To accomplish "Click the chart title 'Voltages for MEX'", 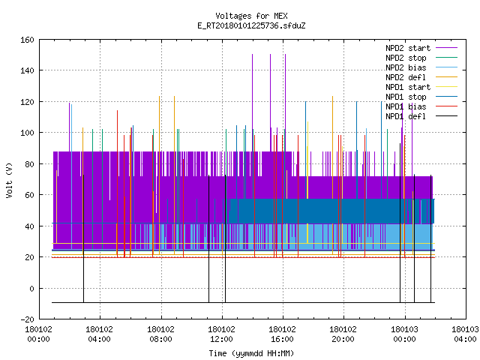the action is [251, 16].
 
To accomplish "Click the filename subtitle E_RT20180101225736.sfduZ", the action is [251, 25].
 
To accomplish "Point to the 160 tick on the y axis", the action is [27, 40].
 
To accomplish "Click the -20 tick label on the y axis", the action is [27, 319].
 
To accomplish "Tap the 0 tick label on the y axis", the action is [31, 288].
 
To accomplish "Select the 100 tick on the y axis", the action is [27, 133].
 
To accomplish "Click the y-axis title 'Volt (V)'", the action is [10, 180].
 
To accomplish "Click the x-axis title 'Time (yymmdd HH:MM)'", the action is [251, 353].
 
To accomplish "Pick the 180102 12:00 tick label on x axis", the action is [221, 334].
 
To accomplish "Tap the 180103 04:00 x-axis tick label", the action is [465, 334].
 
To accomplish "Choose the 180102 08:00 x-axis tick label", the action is [160, 334].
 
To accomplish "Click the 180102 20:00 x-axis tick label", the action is [343, 334].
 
